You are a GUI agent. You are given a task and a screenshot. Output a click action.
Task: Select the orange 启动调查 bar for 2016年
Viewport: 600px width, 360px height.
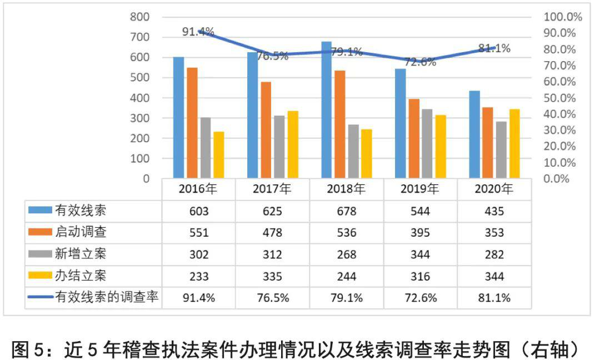[192, 123]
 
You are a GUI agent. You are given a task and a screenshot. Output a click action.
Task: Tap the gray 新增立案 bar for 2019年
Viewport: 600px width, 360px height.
[427, 143]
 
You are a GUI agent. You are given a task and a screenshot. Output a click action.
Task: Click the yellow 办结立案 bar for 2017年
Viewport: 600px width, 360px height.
[293, 144]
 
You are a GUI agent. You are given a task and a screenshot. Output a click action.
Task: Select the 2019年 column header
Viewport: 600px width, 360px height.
[420, 188]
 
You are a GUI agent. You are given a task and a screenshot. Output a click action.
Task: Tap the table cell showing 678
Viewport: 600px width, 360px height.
[346, 211]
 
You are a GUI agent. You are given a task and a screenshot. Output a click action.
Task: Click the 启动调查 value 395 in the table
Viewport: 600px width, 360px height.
[420, 233]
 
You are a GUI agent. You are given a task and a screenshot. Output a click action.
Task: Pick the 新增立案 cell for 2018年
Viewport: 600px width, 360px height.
[346, 254]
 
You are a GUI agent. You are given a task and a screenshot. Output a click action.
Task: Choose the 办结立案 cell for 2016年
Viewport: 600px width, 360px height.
[198, 276]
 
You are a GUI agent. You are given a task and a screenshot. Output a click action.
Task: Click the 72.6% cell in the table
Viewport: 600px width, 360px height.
[420, 298]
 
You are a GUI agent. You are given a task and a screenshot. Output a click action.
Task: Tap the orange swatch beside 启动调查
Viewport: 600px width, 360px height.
[40, 233]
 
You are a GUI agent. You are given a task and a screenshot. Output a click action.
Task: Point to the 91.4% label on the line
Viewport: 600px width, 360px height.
[198, 32]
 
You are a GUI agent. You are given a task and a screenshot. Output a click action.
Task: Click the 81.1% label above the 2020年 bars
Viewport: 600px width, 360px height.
[494, 48]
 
